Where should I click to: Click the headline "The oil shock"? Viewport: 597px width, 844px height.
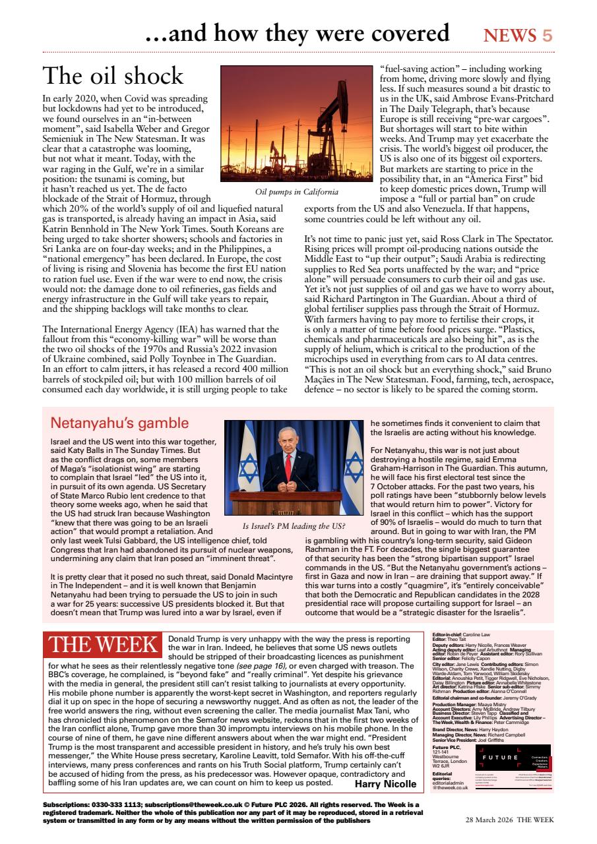click(113, 76)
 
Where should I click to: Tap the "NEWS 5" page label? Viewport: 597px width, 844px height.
click(518, 35)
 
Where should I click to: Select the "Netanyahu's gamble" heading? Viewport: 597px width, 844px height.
click(119, 423)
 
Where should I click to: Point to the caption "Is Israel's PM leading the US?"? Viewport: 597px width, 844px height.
click(294, 526)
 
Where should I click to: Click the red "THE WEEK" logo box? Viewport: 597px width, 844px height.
click(104, 646)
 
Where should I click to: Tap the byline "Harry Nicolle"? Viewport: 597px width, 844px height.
click(385, 784)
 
